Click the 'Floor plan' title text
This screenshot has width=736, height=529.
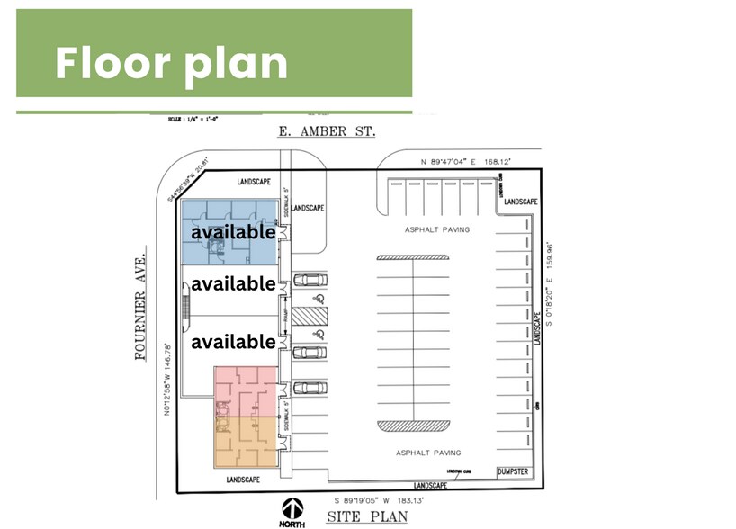171,63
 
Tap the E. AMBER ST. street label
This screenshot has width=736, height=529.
326,132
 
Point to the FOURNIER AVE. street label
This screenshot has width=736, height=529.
139,306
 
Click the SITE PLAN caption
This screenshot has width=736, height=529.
366,516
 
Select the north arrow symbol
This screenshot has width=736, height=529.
291,508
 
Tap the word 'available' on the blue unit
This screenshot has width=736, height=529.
232,231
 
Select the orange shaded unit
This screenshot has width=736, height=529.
245,442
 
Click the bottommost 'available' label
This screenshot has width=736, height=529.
232,342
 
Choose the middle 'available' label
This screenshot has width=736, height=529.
232,284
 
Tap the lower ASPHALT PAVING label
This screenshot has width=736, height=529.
427,453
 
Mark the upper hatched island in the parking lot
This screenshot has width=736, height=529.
412,257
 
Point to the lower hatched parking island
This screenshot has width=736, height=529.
412,425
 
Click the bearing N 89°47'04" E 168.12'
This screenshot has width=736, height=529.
466,161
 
